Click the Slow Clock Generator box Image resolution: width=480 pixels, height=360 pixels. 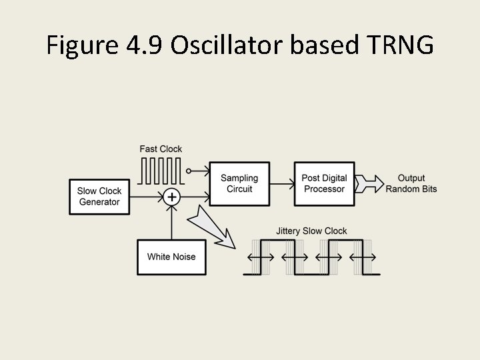coord(99,197)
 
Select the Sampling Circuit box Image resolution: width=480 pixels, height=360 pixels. coord(239,183)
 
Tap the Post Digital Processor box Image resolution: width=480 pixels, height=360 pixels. coord(324,183)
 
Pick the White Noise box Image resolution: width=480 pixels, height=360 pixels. coord(171,257)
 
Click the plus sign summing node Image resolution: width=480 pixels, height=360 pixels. coord(172,197)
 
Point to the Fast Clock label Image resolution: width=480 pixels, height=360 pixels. coord(161,149)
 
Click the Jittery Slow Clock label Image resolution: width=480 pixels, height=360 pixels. coord(311,231)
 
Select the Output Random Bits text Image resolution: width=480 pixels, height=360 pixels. coord(411,183)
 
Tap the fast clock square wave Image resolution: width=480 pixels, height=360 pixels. coord(161,171)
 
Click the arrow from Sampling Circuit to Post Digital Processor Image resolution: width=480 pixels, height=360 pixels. coord(282,183)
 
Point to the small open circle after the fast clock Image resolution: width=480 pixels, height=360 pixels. coord(189,171)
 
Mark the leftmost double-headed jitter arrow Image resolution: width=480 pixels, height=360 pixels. coord(260,257)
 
